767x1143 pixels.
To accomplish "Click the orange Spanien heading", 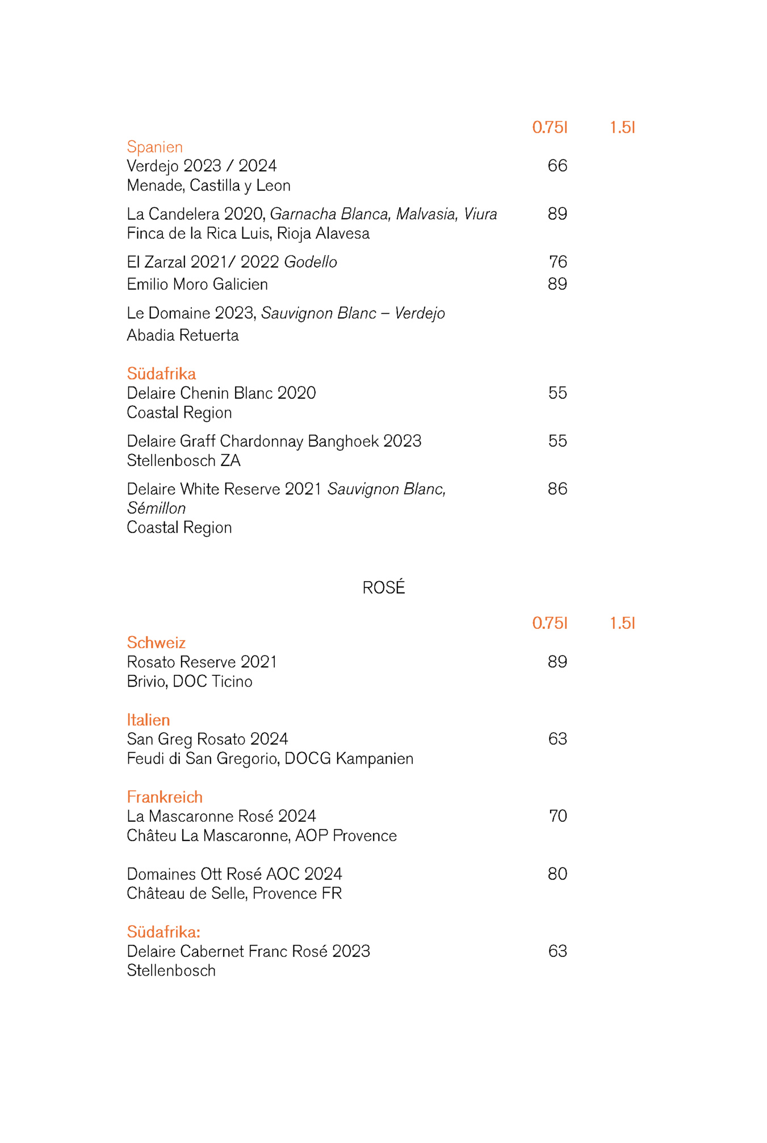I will pyautogui.click(x=154, y=147).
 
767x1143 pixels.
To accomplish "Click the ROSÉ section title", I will pyautogui.click(x=384, y=587).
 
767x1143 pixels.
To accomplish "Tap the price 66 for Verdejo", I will pyautogui.click(x=557, y=166).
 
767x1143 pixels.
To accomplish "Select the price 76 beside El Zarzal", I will pyautogui.click(x=558, y=262).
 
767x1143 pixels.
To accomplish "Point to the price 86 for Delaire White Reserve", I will pyautogui.click(x=557, y=489).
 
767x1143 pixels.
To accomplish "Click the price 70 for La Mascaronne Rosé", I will pyautogui.click(x=558, y=816).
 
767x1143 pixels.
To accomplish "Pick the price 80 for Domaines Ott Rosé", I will pyautogui.click(x=557, y=874).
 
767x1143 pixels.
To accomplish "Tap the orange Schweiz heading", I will pyautogui.click(x=156, y=642).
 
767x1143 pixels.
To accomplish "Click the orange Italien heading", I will pyautogui.click(x=148, y=720).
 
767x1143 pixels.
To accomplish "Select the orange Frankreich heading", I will pyautogui.click(x=165, y=797).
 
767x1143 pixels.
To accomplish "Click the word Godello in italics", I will pyautogui.click(x=311, y=262).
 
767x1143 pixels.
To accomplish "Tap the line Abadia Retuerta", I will pyautogui.click(x=183, y=335).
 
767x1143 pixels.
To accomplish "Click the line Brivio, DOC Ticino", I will pyautogui.click(x=190, y=682).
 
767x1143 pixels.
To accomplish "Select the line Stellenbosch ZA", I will pyautogui.click(x=183, y=461).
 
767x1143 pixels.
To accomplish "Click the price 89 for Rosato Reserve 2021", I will pyautogui.click(x=557, y=662).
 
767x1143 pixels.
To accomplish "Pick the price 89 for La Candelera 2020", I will pyautogui.click(x=557, y=214).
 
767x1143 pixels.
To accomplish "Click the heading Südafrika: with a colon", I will pyautogui.click(x=164, y=932).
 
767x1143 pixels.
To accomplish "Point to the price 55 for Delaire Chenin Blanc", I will pyautogui.click(x=557, y=393).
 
